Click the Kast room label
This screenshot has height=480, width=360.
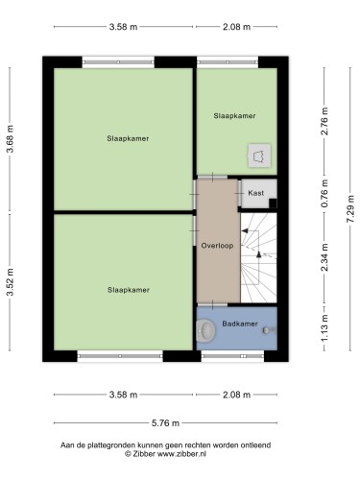pyautogui.click(x=256, y=193)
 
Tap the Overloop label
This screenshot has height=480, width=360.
pyautogui.click(x=217, y=246)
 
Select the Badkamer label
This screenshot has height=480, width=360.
pyautogui.click(x=240, y=324)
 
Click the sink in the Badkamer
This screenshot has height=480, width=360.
pyautogui.click(x=206, y=329)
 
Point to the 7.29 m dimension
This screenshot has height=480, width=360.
pyautogui.click(x=350, y=209)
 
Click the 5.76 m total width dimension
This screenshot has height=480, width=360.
pyautogui.click(x=165, y=423)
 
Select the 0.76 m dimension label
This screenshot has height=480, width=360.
pyautogui.click(x=324, y=193)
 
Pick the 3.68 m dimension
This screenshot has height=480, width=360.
pyautogui.click(x=10, y=138)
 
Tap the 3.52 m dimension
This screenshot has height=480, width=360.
pyautogui.click(x=10, y=281)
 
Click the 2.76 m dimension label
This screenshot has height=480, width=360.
pyautogui.click(x=324, y=121)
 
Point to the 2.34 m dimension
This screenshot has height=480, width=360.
pyautogui.click(x=324, y=257)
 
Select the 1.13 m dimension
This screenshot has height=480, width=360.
pyautogui.click(x=324, y=328)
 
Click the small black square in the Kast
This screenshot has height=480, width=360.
pyautogui.click(x=273, y=204)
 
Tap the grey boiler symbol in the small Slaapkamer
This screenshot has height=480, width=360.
pyautogui.click(x=259, y=156)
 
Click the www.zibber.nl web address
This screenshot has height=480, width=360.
pyautogui.click(x=182, y=453)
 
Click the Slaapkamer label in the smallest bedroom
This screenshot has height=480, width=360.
pyautogui.click(x=234, y=116)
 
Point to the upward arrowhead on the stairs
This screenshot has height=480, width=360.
pyautogui.click(x=258, y=254)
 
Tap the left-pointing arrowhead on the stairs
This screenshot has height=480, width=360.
pyautogui.click(x=245, y=230)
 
